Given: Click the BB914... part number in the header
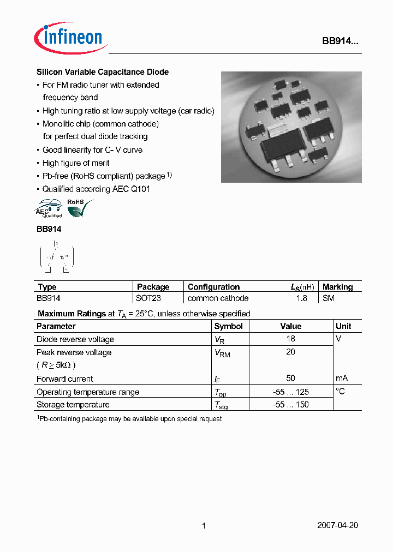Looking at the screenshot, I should [x=339, y=41].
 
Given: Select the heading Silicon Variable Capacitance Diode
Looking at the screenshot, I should [x=103, y=72].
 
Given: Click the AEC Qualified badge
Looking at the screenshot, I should [x=49, y=209].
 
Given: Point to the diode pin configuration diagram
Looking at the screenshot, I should [x=56, y=256].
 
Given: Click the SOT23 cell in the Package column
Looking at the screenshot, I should [x=148, y=298].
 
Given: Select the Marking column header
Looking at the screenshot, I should [x=337, y=287].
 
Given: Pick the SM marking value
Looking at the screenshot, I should [x=329, y=298].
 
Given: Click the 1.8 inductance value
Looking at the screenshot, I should [x=301, y=298].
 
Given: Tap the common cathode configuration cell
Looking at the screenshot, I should [x=218, y=298].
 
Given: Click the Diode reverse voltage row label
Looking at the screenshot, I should [x=75, y=339].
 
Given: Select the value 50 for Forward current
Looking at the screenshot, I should [x=290, y=378].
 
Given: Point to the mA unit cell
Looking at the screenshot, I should [x=342, y=378].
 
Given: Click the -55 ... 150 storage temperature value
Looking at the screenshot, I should [x=290, y=405].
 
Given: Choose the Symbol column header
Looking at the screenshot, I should [x=228, y=326].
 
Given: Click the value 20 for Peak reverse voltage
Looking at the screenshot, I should [x=290, y=352].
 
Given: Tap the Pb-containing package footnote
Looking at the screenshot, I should [x=129, y=419].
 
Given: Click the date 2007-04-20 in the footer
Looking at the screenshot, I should [x=337, y=525].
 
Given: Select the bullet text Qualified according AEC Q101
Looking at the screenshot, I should [x=96, y=189].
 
